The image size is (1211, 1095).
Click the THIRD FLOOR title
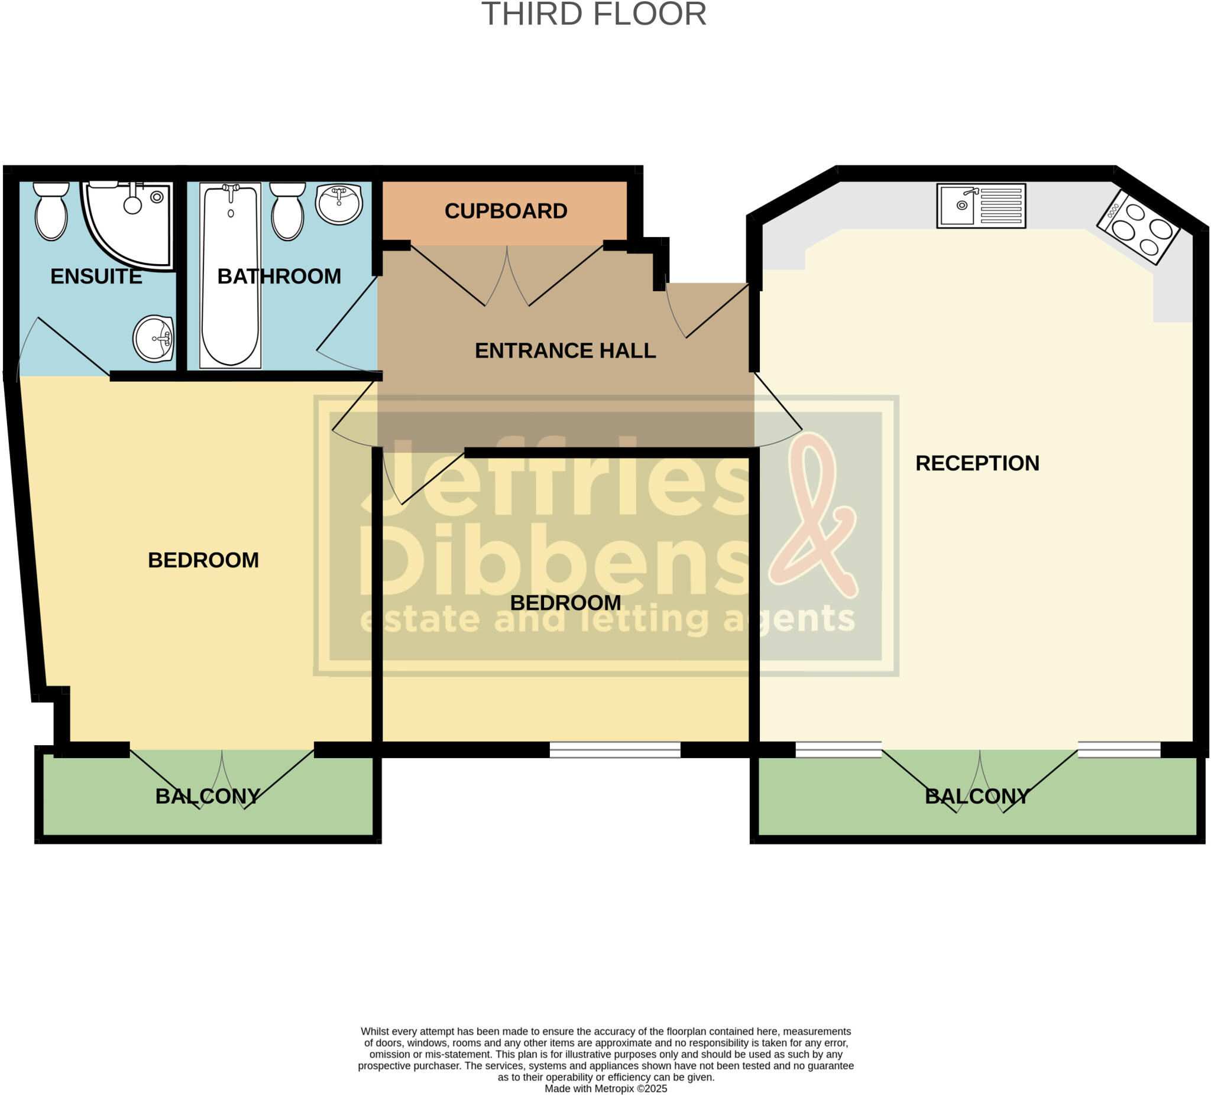[x=594, y=14]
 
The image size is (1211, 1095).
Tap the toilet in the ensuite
[x=51, y=212]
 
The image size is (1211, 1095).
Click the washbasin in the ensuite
[x=154, y=339]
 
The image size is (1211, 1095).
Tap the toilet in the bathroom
[x=288, y=212]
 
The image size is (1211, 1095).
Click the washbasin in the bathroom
[x=339, y=203]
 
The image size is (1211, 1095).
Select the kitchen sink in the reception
[x=981, y=206]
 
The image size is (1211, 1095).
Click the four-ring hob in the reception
[x=1138, y=228]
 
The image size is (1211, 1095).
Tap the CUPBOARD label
[x=506, y=212]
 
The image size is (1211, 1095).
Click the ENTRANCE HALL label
[x=565, y=350]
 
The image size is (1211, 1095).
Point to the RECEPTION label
[x=977, y=463]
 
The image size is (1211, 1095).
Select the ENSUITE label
[x=96, y=277]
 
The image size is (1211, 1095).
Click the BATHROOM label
[x=279, y=277]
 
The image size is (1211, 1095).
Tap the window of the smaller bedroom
[x=615, y=750]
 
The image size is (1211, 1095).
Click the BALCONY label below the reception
[x=977, y=797]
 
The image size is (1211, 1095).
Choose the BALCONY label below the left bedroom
[x=208, y=797]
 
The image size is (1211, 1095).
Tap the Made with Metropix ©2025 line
[x=605, y=1088]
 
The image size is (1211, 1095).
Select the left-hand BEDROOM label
[x=203, y=561]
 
